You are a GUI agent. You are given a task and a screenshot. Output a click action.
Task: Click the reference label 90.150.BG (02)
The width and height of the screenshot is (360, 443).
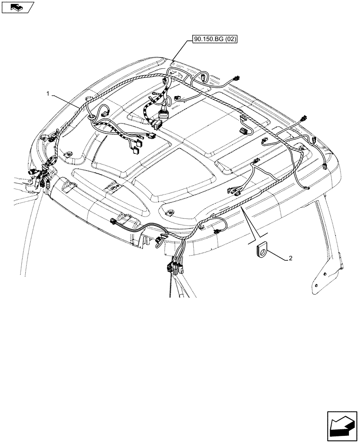[x=215, y=39]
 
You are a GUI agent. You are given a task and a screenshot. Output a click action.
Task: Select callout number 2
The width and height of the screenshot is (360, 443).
[x=290, y=259]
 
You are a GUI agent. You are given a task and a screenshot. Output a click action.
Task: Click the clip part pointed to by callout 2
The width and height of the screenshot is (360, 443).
[x=262, y=251]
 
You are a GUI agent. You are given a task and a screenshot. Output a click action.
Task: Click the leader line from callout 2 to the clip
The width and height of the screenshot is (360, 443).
[x=277, y=256]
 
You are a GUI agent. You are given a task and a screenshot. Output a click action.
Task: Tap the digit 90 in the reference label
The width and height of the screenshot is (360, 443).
[x=198, y=39]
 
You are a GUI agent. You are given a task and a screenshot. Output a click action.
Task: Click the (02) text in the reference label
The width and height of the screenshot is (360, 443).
[x=230, y=39]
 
